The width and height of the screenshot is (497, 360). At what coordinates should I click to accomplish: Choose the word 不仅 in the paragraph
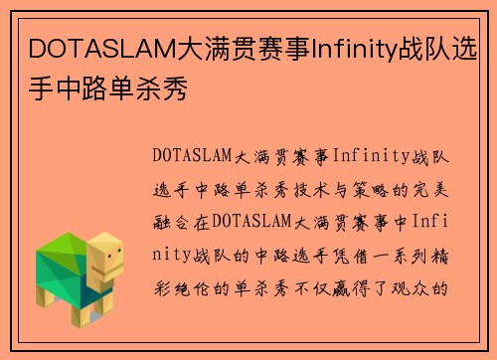(x=320, y=289)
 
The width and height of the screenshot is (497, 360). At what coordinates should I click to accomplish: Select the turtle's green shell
(x=62, y=264)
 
